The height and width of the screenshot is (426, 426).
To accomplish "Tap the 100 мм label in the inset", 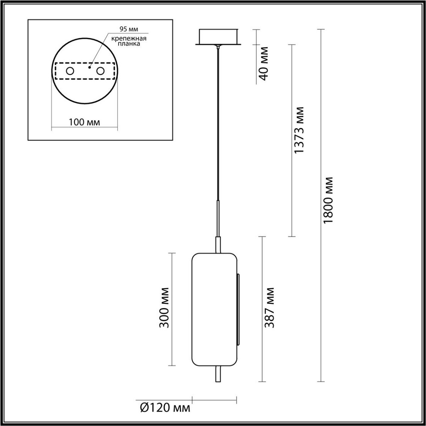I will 84,122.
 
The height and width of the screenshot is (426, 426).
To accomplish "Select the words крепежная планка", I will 124,41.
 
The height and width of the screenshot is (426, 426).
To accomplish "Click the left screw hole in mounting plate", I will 70,71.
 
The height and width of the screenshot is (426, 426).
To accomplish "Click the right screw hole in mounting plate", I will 100,71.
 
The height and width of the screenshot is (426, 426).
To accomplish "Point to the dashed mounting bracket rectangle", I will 84,78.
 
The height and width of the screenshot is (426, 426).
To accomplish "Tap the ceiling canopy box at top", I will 218,37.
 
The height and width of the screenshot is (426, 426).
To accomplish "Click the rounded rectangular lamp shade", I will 214,309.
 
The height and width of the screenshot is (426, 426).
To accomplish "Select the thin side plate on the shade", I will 238,309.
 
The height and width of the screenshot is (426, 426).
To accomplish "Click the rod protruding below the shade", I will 218,374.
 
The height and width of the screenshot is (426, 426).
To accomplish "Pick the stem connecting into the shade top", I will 218,245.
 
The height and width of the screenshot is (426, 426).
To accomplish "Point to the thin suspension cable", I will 218,124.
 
